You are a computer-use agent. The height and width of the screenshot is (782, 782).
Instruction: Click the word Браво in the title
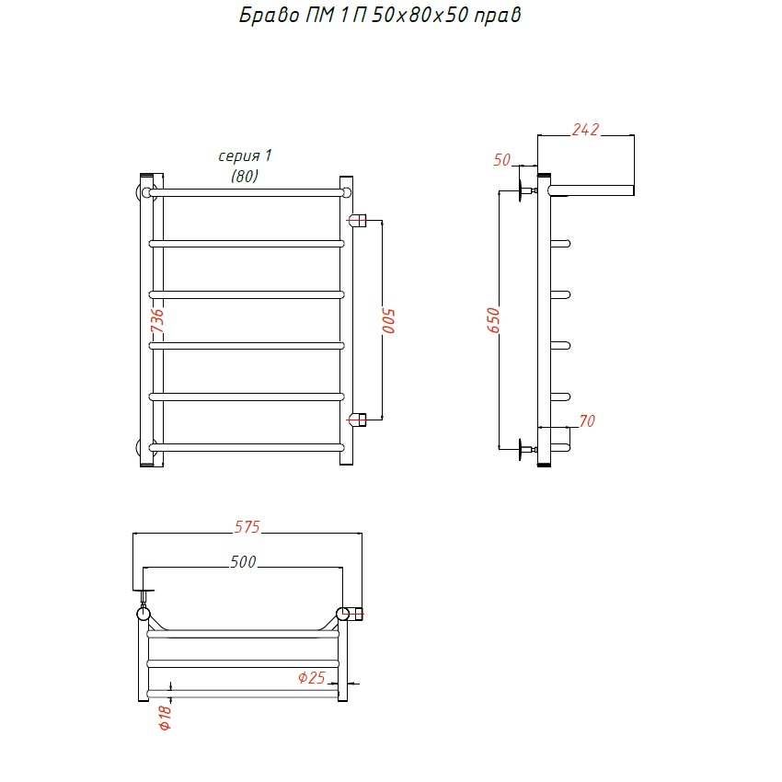pyautogui.click(x=270, y=15)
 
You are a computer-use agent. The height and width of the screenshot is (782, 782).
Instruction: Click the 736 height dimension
pyautogui.click(x=157, y=321)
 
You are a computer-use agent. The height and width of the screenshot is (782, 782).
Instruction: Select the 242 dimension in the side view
pyautogui.click(x=585, y=130)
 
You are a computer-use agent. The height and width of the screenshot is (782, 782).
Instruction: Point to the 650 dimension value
pyautogui.click(x=493, y=320)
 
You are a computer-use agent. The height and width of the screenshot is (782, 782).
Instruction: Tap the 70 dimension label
pyautogui.click(x=587, y=421)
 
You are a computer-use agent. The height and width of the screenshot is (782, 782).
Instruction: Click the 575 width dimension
pyautogui.click(x=247, y=527)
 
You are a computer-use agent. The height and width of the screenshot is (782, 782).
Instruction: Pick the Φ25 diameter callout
pyautogui.click(x=311, y=678)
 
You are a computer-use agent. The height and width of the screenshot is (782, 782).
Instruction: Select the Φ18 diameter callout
pyautogui.click(x=165, y=718)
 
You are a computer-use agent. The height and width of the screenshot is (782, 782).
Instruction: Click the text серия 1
pyautogui.click(x=245, y=156)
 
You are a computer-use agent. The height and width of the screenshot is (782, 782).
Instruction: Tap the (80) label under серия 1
pyautogui.click(x=245, y=176)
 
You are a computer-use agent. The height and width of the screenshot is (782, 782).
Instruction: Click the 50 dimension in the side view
pyautogui.click(x=501, y=160)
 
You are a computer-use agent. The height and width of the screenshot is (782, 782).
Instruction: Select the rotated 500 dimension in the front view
pyautogui.click(x=388, y=321)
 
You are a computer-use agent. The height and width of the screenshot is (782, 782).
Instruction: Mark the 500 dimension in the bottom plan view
pyautogui.click(x=244, y=562)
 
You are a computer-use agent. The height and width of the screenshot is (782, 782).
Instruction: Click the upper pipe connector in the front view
pyautogui.click(x=357, y=220)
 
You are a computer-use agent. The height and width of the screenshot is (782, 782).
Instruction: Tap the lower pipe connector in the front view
pyautogui.click(x=357, y=420)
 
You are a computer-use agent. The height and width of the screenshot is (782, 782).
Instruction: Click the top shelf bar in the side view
pyautogui.click(x=591, y=190)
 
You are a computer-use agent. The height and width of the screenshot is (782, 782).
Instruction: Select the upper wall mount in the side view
pyautogui.click(x=526, y=190)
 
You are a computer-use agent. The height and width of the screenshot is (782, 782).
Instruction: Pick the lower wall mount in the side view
pyautogui.click(x=526, y=449)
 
